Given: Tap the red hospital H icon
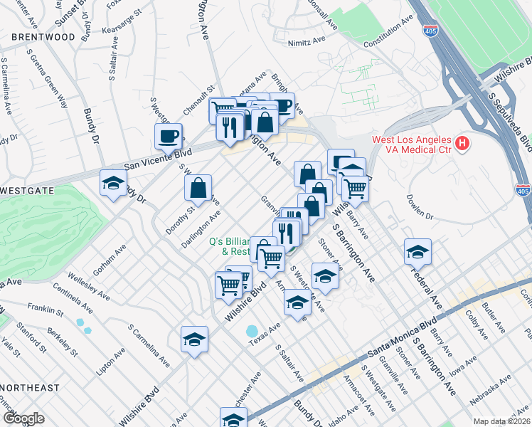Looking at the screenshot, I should coord(462,144).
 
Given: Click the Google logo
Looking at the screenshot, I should coord(23,418).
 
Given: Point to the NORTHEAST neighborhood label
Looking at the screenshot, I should coord(30,388).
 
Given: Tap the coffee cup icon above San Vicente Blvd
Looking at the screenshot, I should coord(169,135).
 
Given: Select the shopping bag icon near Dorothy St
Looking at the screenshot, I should coord(198,188).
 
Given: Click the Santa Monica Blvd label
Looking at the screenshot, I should coord(401,337).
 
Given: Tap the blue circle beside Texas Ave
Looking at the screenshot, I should coord(252,332).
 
